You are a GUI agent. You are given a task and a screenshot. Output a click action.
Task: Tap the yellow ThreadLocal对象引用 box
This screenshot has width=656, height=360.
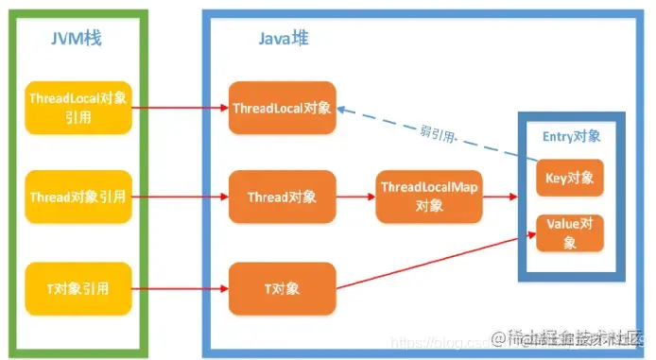click(x=77, y=108)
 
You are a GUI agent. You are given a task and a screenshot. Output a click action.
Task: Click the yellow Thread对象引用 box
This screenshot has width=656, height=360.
click(x=77, y=197)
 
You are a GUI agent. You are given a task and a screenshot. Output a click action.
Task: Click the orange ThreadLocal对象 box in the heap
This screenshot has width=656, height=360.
click(x=282, y=108)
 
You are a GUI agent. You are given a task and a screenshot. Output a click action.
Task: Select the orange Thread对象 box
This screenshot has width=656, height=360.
click(x=282, y=197)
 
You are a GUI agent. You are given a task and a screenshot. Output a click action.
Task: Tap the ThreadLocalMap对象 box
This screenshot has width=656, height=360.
click(x=428, y=197)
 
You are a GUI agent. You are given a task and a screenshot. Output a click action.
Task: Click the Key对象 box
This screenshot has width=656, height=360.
click(x=570, y=177)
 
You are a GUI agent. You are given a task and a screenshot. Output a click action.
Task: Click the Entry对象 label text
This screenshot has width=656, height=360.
click(x=571, y=137)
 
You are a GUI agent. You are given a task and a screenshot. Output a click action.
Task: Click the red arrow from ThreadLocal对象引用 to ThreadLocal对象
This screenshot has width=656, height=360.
click(x=179, y=108)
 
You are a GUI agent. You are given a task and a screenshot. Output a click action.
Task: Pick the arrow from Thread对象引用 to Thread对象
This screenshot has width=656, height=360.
click(x=179, y=197)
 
